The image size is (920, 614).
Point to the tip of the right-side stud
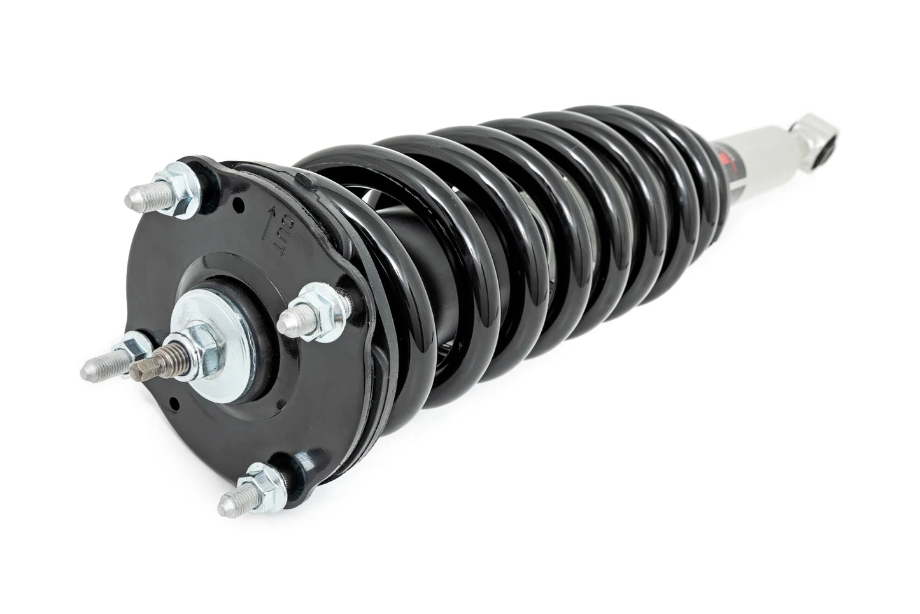pyautogui.click(x=294, y=326)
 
